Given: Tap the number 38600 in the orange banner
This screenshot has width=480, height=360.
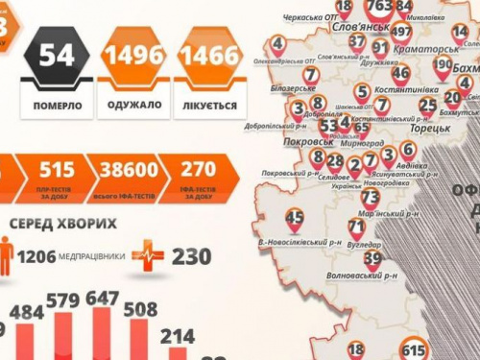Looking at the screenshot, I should click(x=130, y=171).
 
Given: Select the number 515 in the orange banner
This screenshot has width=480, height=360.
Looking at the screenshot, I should click(x=57, y=171).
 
